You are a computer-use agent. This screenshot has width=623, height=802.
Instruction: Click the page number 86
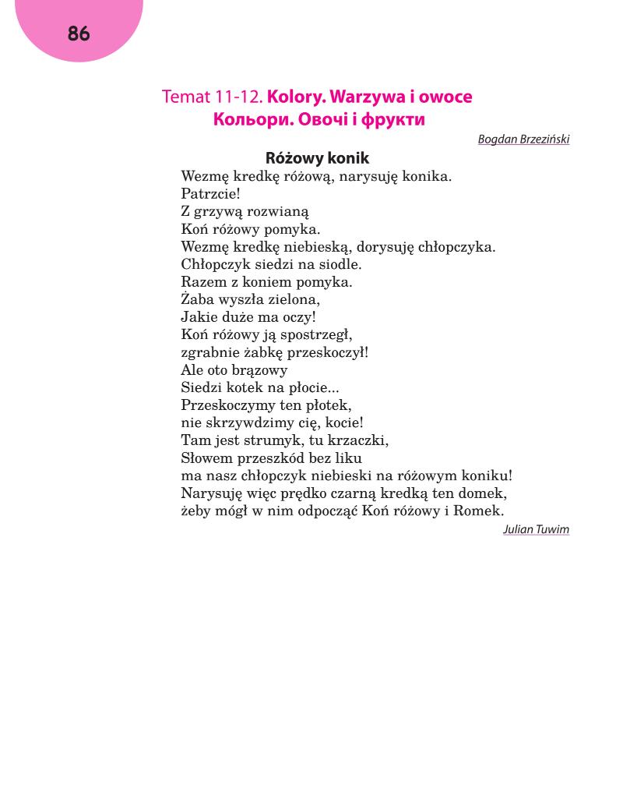tap(79, 34)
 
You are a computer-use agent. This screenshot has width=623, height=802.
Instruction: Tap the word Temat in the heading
tap(186, 97)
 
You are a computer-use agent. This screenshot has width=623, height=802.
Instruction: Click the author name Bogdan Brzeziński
tap(523, 140)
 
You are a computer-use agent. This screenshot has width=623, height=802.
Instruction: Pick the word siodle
tap(340, 264)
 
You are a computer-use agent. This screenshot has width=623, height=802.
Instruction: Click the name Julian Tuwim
tap(536, 530)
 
